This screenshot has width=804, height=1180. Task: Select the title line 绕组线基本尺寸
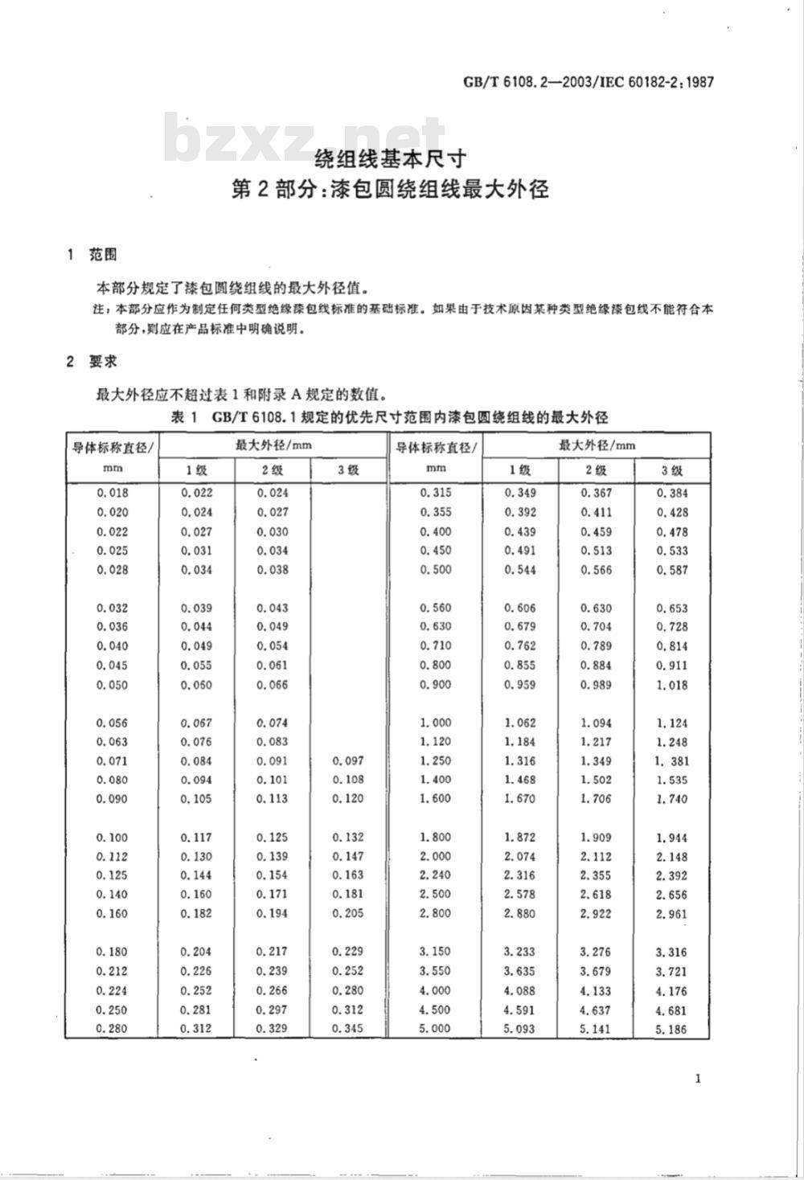click(x=390, y=157)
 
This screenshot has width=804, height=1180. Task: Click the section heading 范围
click(x=103, y=255)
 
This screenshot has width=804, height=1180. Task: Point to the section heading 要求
click(x=103, y=362)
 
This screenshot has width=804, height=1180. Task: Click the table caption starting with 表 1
click(x=390, y=416)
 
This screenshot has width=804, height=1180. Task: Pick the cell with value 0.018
click(x=112, y=493)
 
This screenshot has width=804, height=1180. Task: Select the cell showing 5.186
click(x=671, y=1029)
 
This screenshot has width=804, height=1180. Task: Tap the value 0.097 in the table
click(x=347, y=760)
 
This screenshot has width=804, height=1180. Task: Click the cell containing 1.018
click(x=671, y=685)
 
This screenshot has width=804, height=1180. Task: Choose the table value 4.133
click(x=596, y=990)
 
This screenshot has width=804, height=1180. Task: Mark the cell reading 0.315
click(x=435, y=493)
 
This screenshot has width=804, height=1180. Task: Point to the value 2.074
click(x=520, y=856)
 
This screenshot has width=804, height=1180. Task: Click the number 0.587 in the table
click(x=671, y=570)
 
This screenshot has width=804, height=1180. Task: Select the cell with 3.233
click(x=520, y=952)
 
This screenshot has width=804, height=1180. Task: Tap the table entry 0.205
click(x=347, y=913)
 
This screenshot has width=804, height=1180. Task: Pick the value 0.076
click(x=196, y=742)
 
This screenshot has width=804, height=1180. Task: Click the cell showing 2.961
click(x=671, y=914)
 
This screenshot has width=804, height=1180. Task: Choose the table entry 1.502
click(x=596, y=780)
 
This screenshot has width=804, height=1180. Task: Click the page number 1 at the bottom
click(x=698, y=1078)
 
